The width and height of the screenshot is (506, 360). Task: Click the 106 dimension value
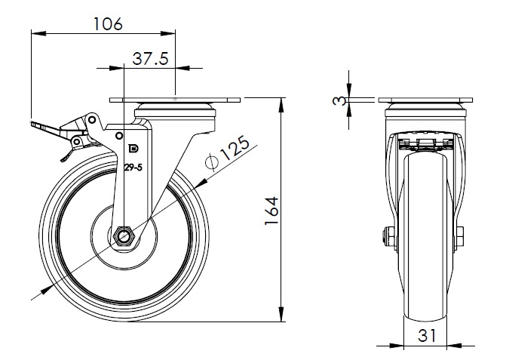(108, 24)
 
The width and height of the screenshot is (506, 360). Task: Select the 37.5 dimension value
(150, 59)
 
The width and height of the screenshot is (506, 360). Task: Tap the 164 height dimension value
(271, 211)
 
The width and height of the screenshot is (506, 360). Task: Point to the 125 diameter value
(236, 147)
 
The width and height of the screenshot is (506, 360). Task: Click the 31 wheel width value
(427, 335)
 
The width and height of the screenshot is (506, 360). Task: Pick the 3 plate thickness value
(338, 101)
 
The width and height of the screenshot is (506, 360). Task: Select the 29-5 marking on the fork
(133, 168)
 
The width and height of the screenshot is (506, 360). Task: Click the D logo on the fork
(133, 149)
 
